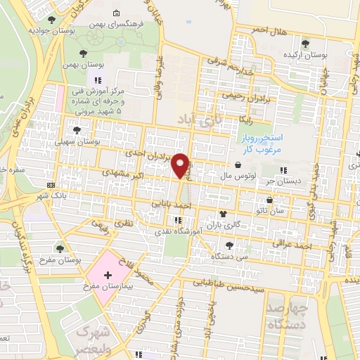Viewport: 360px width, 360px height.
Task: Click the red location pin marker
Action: tap(181, 165)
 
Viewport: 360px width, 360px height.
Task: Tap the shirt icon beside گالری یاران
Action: tap(223, 215)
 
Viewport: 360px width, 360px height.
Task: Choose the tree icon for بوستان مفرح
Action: tap(60, 248)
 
